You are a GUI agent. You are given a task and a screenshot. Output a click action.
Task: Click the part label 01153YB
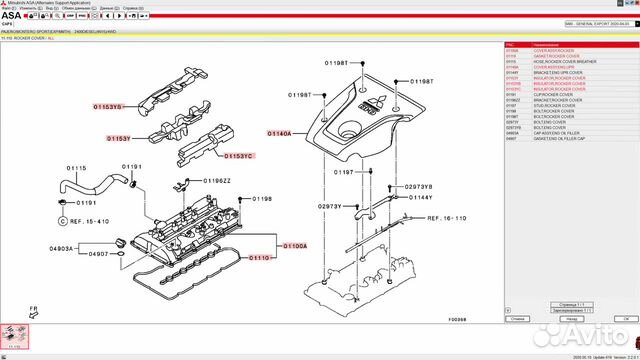coord(107,106)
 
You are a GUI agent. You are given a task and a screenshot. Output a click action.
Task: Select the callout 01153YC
coord(239,156)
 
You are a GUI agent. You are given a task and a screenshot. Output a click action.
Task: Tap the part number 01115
coord(77,168)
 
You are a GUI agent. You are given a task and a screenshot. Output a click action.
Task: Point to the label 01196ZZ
coord(217,181)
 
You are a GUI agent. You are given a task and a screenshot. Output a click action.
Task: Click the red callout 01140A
coord(281,132)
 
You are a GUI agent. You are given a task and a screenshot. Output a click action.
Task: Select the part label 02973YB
coord(418,187)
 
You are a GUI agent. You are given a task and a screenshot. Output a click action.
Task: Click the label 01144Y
coord(420,198)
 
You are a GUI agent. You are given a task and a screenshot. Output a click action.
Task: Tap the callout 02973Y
coord(329,206)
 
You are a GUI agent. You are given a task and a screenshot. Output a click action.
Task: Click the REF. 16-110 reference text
coord(447,217)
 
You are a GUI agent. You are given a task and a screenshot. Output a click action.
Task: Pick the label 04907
coord(97,254)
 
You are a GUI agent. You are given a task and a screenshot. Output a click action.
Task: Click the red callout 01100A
coord(294,245)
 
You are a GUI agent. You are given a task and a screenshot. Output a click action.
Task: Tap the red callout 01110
coord(259,258)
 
